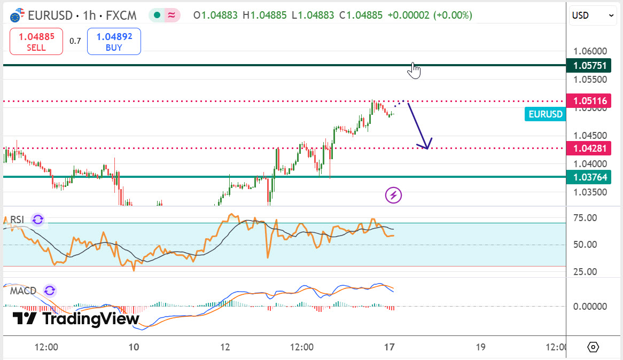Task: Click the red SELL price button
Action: coord(36,42)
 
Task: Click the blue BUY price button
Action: coord(114,42)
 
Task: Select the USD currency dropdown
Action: coord(594,15)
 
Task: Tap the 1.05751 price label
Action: coord(590,65)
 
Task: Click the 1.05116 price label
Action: coord(590,100)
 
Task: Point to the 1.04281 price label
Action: coord(590,148)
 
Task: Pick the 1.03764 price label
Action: coord(590,177)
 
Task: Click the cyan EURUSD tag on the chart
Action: coord(545,114)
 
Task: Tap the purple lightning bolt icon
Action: coord(394,195)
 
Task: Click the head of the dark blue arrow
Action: coord(426,146)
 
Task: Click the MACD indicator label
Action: coord(23,291)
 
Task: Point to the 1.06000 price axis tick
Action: coord(590,51)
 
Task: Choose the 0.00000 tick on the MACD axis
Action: coord(590,307)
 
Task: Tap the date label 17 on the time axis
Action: coord(390,347)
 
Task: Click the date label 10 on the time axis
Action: coord(134,347)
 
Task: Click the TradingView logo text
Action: coord(76,319)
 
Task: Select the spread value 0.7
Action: coord(75,41)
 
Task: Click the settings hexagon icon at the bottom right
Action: coord(593,347)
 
